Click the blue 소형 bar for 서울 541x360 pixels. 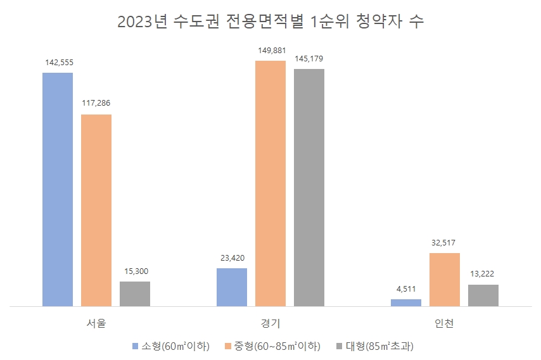point(58,189)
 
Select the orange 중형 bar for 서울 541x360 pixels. point(96,210)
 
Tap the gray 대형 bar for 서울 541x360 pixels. point(135,294)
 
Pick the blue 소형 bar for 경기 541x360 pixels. point(232,287)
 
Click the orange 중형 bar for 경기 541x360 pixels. point(270,183)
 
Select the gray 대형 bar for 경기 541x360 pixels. point(309,187)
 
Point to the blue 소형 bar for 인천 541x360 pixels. point(406,302)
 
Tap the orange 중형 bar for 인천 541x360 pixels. point(445,280)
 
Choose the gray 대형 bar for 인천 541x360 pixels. point(483,295)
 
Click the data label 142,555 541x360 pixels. point(58,63)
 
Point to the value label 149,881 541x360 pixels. point(270,51)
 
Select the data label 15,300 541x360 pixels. point(135,271)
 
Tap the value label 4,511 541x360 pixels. point(406,289)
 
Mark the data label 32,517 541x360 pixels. point(445,243)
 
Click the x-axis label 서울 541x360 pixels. point(96,323)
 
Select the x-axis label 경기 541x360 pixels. point(270,323)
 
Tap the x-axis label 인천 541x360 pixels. point(445,323)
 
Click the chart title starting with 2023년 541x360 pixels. point(270,22)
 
